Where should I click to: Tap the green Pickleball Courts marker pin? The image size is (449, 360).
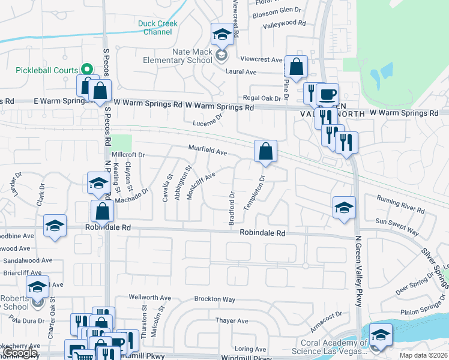(86, 70)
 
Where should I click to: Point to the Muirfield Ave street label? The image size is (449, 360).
(207, 151)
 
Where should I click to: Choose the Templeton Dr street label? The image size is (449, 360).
(253, 193)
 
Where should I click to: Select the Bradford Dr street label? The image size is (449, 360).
(232, 208)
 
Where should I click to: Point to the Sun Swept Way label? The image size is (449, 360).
(397, 226)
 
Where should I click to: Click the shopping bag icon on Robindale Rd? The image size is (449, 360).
(103, 211)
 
